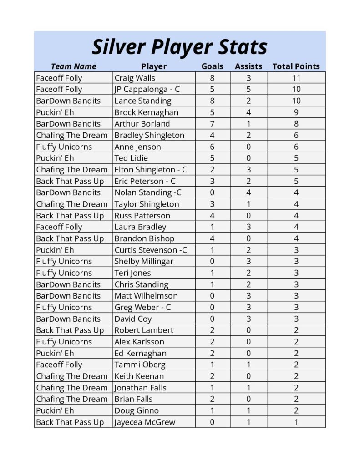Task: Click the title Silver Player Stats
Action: [x=179, y=47]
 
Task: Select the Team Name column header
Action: [x=73, y=66]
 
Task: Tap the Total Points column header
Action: [x=296, y=66]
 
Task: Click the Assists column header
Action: [x=248, y=66]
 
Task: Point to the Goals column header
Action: [x=212, y=66]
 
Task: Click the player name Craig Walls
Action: [x=135, y=78]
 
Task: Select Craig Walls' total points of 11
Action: [x=296, y=78]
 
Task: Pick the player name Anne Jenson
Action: [x=137, y=147]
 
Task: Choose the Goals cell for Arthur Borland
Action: [x=212, y=124]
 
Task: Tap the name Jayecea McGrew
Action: [x=145, y=422]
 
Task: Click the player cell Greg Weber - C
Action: [x=142, y=307]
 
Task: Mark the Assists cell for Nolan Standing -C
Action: [x=248, y=192]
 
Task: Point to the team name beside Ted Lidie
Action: [x=55, y=158]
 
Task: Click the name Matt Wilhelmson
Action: [x=146, y=296]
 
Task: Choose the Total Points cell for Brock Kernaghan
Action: [x=296, y=112]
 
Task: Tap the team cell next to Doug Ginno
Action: [x=55, y=410]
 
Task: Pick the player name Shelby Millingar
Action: [x=144, y=261]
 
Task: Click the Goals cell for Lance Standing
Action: [x=212, y=101]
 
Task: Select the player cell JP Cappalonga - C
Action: [x=147, y=89]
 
